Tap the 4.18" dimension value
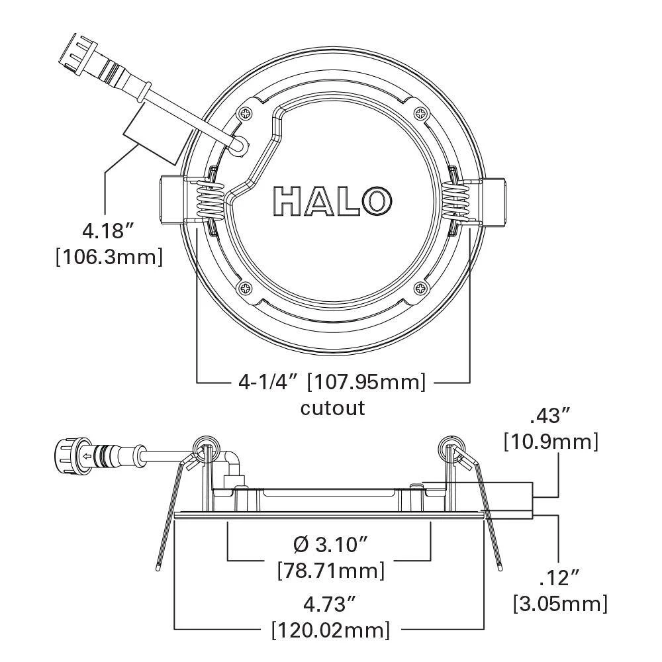109,231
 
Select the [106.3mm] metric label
109,257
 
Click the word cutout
332,407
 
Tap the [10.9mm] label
551,441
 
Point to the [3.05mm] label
560,603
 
